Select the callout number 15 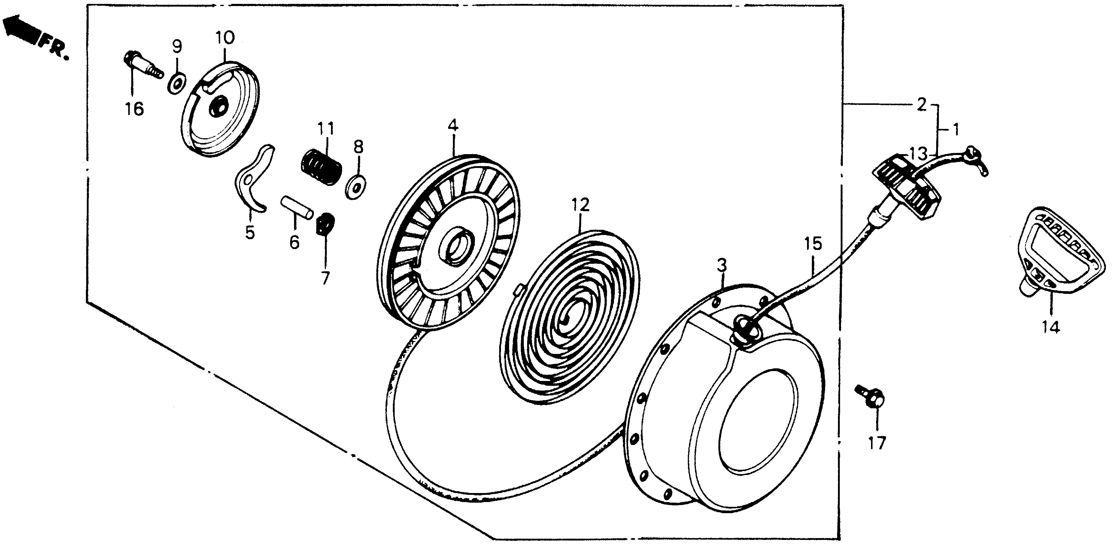813,244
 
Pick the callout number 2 921,104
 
